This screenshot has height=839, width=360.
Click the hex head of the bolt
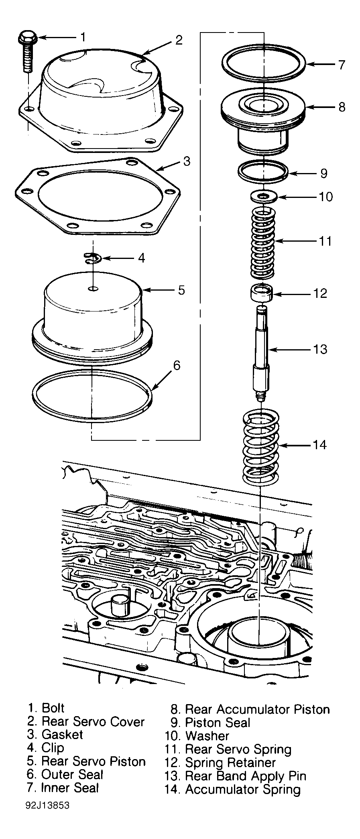tap(28, 37)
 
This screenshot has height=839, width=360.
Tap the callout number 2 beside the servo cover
tap(179, 40)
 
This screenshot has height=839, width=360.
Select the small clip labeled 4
tap(93, 258)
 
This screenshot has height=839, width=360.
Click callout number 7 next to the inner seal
tap(341, 65)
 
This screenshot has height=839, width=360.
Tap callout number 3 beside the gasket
tap(187, 161)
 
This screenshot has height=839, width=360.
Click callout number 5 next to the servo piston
tap(181, 290)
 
